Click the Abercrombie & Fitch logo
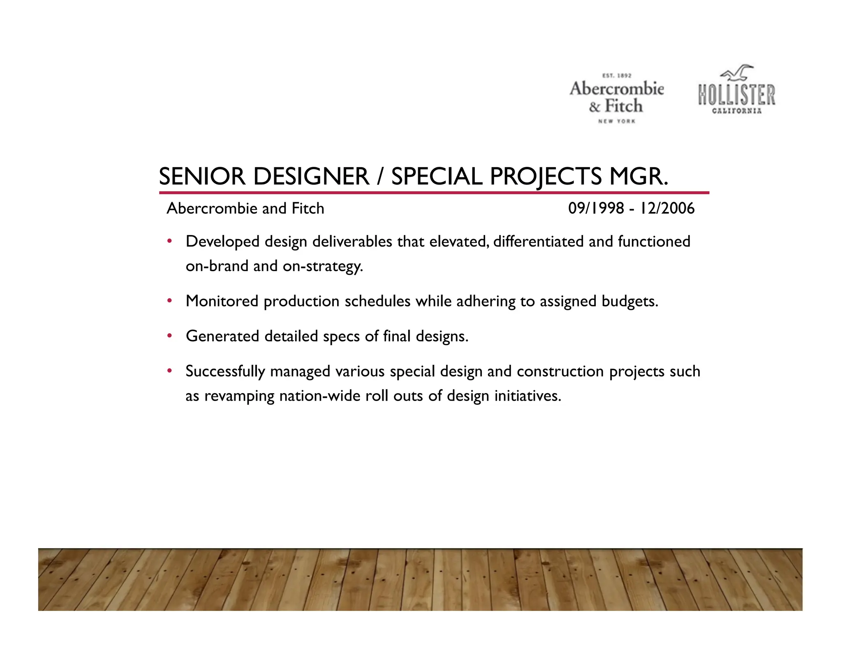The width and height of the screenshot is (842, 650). [x=616, y=98]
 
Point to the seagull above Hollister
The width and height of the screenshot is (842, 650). [x=737, y=73]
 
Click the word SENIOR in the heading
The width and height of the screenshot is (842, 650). [x=202, y=177]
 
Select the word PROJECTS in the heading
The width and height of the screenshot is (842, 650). [x=546, y=177]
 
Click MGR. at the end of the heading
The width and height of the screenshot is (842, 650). [x=638, y=177]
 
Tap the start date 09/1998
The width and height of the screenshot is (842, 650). [x=596, y=208]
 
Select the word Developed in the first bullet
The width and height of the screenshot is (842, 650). [x=222, y=242]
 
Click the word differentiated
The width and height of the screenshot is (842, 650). [x=538, y=242]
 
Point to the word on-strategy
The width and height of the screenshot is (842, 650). [x=323, y=266]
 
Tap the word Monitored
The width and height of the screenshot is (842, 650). [x=222, y=301]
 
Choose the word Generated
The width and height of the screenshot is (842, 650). [x=222, y=336]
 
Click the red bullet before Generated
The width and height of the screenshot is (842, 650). [x=169, y=336]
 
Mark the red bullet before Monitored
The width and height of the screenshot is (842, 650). [x=169, y=301]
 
